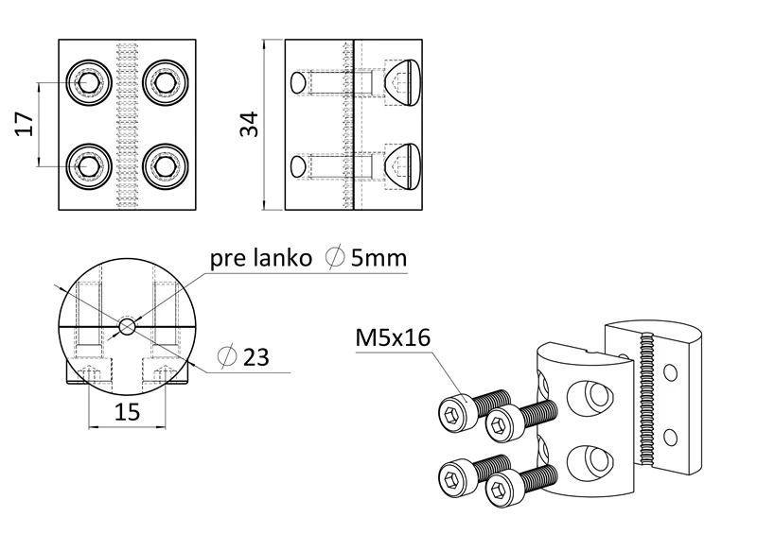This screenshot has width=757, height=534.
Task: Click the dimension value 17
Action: pos(26,124)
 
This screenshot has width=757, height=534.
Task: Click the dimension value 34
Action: pos(249,124)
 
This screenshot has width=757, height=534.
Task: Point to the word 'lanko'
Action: pos(281,258)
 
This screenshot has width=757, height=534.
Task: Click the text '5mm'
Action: pos(379,258)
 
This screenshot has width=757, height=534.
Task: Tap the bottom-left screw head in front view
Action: pos(89,166)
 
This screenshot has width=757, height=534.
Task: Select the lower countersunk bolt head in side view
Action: pos(402,165)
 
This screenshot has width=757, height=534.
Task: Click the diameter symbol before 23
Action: pos(226,357)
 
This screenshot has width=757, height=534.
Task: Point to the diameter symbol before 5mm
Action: pos(333,258)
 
